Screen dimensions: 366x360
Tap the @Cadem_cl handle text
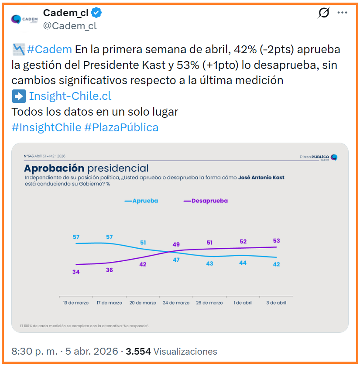70,26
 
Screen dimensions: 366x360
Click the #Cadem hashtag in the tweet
49,49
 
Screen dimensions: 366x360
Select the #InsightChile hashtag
46,127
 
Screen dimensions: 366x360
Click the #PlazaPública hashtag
121,127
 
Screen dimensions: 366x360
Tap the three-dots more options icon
343,13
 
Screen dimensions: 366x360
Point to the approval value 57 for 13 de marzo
76,237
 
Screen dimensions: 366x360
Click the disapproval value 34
76,272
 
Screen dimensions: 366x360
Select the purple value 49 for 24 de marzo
176,244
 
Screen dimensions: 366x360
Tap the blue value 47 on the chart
176,260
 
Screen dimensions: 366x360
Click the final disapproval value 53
277,240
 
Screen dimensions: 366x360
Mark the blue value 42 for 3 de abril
277,264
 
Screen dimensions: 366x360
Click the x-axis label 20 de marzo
143,303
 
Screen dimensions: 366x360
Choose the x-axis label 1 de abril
243,303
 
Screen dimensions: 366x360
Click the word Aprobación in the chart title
54,168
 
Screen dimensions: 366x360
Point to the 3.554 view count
138,351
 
